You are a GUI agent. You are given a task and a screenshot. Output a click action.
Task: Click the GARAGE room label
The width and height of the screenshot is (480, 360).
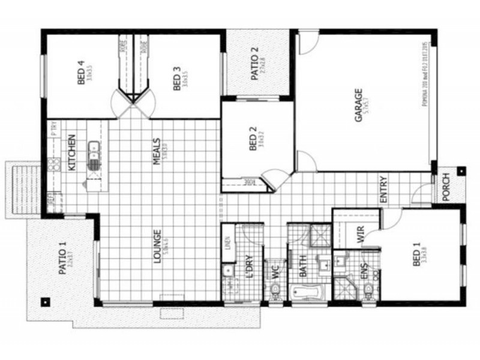tap(358, 106)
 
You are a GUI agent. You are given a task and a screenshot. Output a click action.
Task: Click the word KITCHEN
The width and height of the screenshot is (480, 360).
tap(71, 152)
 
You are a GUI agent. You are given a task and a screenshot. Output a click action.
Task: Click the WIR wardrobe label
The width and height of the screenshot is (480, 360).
tap(361, 235)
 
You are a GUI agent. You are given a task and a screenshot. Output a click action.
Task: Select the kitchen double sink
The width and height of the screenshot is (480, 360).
tap(94, 154)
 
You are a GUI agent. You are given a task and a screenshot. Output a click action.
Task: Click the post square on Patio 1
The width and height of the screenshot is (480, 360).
tap(44, 301)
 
